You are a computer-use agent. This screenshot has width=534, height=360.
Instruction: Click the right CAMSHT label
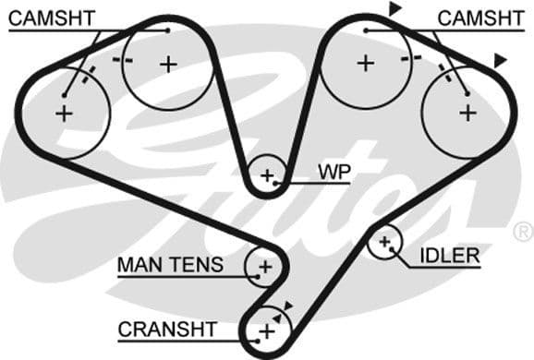coord(474,18)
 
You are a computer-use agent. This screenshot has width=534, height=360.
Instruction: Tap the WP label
coord(333,171)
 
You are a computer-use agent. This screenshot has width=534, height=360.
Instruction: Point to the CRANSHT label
coord(167,329)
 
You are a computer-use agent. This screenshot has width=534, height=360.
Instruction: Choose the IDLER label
coord(449,255)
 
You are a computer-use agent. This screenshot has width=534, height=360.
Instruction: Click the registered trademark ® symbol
coord(523,230)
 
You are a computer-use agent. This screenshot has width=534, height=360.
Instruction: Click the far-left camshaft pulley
coord(64,114)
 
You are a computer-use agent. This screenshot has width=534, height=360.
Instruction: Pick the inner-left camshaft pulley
coord(167,64)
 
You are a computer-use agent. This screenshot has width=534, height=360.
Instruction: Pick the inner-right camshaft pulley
coord(366,63)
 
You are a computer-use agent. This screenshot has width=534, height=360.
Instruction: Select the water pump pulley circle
coord(268,174)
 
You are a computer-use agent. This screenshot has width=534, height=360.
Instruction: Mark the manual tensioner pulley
coord(264,267)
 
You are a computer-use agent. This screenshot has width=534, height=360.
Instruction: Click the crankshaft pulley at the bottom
coord(266,330)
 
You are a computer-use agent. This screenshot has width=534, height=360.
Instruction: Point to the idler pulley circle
coord(385,243)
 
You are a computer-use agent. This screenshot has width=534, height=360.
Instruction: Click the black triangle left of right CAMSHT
coord(394,9)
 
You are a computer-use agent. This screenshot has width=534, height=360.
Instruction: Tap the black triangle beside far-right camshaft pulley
coord(500,60)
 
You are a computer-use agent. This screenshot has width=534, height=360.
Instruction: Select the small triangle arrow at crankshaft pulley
coord(288,306)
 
